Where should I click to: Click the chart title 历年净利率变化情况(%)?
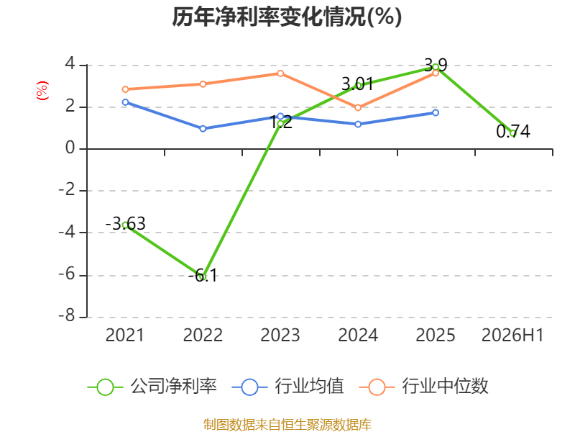(287, 17)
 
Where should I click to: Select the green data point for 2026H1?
(513, 133)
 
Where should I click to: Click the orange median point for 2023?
(280, 73)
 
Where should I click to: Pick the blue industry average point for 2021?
(125, 102)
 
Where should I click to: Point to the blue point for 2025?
(436, 113)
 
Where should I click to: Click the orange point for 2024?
(358, 107)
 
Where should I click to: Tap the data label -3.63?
(125, 223)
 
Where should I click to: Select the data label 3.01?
(357, 84)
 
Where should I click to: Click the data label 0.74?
(513, 132)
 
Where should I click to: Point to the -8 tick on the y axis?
(67, 316)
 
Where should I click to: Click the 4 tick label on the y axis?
(70, 63)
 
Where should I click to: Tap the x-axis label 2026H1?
(512, 336)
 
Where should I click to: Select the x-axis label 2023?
(280, 336)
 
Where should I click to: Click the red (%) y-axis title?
(42, 91)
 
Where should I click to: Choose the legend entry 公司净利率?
(152, 387)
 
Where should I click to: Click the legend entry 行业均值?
(288, 387)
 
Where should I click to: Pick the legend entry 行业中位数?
(424, 387)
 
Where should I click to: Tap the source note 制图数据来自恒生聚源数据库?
(287, 425)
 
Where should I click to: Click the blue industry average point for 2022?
(203, 129)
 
